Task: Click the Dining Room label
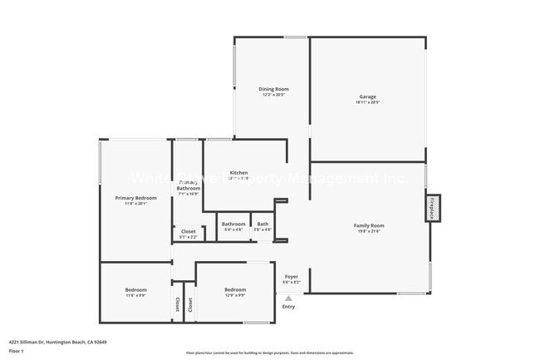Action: pos(273,89)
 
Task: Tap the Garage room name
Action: pos(367,96)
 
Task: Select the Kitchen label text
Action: pos(239,173)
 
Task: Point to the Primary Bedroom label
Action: pos(135,198)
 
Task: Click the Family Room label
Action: pos(368,225)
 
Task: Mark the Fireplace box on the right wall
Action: pos(432,208)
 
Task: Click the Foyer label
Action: pos(292,276)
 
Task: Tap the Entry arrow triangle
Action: pos(289,298)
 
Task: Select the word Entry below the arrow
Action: pos(288,307)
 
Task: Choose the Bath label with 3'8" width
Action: pos(263,224)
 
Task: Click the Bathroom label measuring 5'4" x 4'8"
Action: pos(233,224)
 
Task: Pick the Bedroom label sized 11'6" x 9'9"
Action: pos(135,289)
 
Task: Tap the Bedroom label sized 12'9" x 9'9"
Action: pos(235,289)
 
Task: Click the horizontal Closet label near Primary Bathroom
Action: pos(189,231)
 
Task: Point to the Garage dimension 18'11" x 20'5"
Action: pos(367,103)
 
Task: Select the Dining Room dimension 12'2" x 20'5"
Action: pos(273,95)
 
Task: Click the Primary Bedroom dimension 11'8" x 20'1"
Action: pos(135,204)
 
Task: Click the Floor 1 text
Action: pos(17,351)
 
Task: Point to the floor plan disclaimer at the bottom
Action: pos(270,353)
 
